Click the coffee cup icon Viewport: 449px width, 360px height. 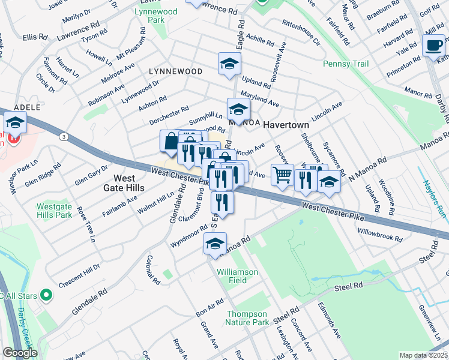pos(433,45)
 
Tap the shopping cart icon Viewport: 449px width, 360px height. pos(282,175)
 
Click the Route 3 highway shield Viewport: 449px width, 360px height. pos(63,137)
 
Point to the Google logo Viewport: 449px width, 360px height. pos(20,353)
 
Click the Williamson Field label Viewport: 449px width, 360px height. pos(238,276)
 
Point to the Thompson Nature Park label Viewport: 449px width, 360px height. pos(247,318)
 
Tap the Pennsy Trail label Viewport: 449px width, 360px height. pos(344,64)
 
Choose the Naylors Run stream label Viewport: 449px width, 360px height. pos(435,197)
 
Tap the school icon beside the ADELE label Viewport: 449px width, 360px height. pos(16,124)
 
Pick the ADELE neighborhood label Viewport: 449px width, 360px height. pos(27,107)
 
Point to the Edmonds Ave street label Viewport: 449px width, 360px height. pos(330,324)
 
